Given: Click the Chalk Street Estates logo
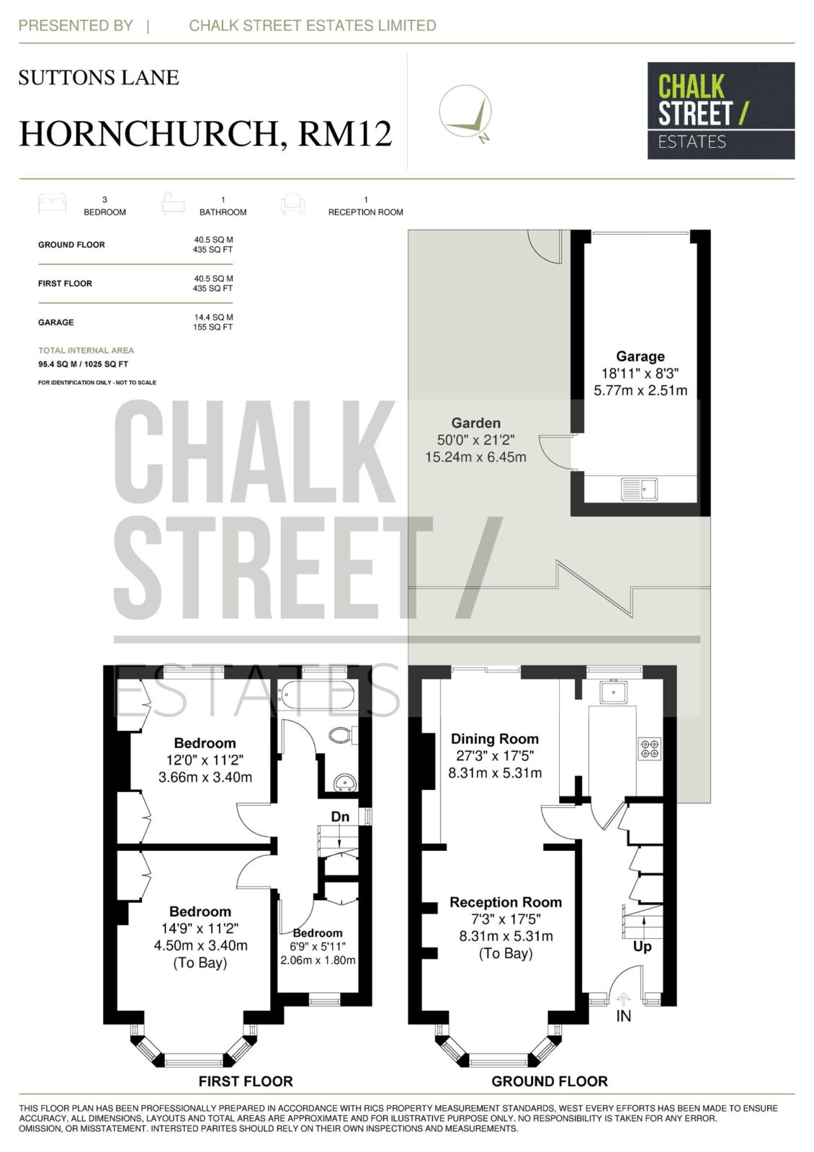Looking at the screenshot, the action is pyautogui.click(x=720, y=111).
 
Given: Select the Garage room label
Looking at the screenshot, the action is pyautogui.click(x=640, y=356).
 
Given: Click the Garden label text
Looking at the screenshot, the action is pyautogui.click(x=475, y=423).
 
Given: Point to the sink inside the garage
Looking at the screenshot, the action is pyautogui.click(x=639, y=489).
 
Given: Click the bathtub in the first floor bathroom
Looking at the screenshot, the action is pyautogui.click(x=316, y=696).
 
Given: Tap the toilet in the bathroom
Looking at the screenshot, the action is pyautogui.click(x=343, y=734).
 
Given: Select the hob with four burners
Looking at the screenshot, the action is pyautogui.click(x=649, y=748).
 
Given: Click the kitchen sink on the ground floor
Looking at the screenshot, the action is pyautogui.click(x=613, y=691).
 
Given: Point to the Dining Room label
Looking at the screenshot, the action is pyautogui.click(x=494, y=739).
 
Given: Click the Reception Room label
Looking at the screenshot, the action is pyautogui.click(x=505, y=902).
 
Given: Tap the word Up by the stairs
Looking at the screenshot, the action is pyautogui.click(x=642, y=946).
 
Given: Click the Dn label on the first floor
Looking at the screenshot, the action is pyautogui.click(x=340, y=816).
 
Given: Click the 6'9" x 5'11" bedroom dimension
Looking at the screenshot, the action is pyautogui.click(x=318, y=946).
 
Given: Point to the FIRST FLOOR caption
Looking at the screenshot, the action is pyautogui.click(x=246, y=1081).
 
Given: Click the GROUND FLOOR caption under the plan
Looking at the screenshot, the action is pyautogui.click(x=549, y=1081).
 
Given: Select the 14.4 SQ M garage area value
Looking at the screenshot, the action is pyautogui.click(x=213, y=318).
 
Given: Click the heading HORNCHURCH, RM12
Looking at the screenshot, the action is pyautogui.click(x=205, y=133).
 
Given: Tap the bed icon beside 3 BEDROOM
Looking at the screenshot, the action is pyautogui.click(x=52, y=204).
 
